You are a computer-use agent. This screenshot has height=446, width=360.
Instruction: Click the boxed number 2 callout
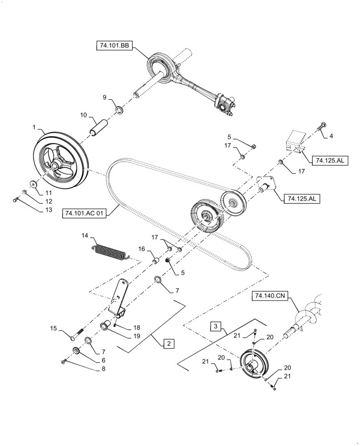pos(168,343)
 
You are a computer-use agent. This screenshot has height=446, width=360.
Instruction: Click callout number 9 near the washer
pos(104,97)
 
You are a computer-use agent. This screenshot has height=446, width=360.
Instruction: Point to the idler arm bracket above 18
pos(119,297)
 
